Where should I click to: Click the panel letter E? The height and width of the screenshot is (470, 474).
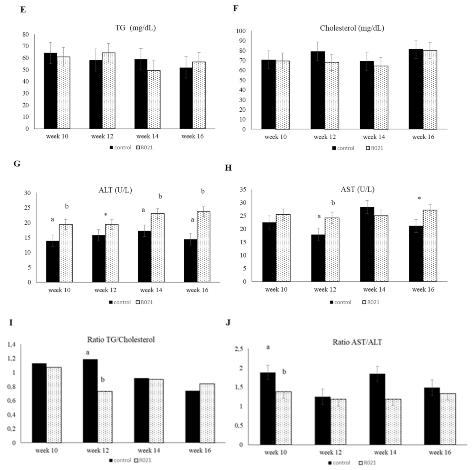click(23, 10)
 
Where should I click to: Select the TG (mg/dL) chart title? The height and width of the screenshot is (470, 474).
click(136, 28)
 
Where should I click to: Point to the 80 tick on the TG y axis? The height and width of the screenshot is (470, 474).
click(25, 35)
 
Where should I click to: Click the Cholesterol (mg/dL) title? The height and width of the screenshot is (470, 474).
click(352, 28)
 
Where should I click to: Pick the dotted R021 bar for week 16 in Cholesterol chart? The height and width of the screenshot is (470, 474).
click(430, 90)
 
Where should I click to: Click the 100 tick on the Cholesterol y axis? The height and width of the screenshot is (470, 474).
click(240, 31)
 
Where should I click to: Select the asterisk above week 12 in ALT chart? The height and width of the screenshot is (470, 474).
click(105, 215)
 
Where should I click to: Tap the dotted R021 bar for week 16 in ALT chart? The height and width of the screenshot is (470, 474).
click(203, 247)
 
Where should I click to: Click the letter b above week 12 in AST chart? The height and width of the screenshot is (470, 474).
click(333, 203)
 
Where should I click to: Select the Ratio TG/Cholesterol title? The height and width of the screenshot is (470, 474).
click(121, 340)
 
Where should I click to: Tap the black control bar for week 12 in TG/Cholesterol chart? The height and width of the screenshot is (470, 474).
click(90, 401)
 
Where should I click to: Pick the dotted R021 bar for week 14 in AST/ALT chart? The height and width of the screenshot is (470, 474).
click(393, 422)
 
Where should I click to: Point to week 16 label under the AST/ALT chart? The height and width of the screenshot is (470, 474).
click(440, 452)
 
